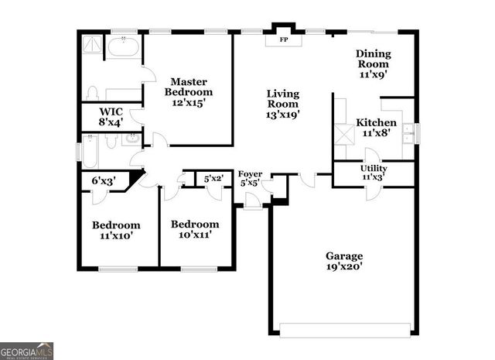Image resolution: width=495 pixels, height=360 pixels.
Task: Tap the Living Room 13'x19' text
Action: click(283, 104)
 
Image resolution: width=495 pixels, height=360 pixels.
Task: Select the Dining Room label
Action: click(374, 64)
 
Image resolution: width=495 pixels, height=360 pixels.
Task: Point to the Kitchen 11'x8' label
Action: click(376, 128)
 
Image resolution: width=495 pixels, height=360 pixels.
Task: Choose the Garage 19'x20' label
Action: click(343, 261)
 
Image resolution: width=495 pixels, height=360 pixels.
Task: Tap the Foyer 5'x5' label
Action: click(250, 179)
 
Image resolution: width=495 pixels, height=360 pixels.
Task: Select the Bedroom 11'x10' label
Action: click(116, 231)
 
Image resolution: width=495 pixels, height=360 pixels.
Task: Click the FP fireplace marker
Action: click(283, 39)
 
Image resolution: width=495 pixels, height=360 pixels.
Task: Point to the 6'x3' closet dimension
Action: click(103, 180)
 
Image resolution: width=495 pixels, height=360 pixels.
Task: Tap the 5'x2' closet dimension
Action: click(213, 179)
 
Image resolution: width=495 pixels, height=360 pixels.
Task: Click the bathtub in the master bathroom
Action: click(123, 47)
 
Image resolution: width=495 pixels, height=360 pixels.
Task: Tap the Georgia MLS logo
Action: click(27, 350)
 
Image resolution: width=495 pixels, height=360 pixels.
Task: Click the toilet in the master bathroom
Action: click(91, 94)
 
